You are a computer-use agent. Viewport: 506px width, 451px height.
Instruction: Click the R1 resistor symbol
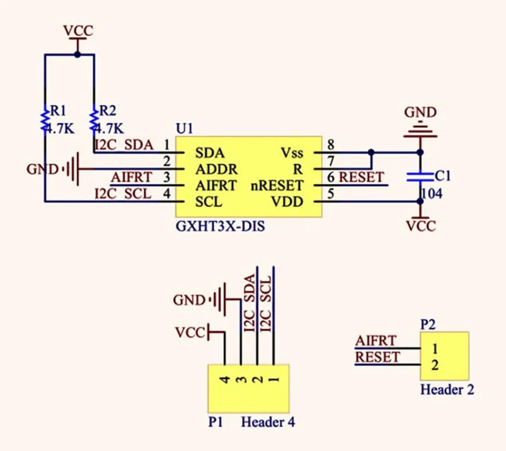point(45,118)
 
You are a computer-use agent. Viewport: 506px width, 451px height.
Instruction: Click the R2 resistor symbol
point(94,118)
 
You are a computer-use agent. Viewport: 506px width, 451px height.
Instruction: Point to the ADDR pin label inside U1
point(216,169)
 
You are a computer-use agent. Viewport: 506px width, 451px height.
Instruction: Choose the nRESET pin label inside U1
point(277,186)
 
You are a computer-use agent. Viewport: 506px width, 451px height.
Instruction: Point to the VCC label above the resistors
point(77,31)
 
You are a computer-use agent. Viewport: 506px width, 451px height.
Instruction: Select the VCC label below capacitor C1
point(421,225)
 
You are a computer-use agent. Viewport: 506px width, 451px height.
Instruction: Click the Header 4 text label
point(268,421)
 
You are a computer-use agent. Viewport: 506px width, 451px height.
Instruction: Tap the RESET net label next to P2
point(378,356)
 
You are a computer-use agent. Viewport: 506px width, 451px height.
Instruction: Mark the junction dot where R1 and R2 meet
point(77,55)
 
